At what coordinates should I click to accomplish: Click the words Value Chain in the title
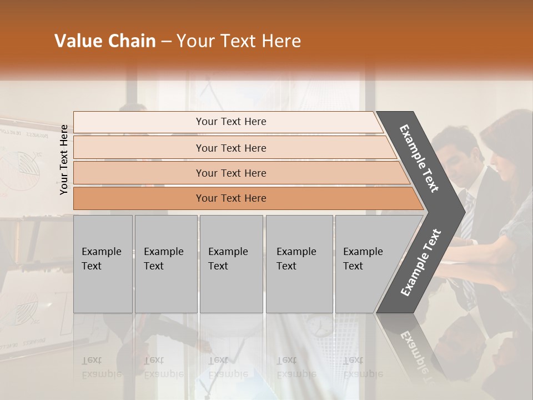click(x=105, y=41)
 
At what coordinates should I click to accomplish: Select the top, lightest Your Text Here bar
click(x=230, y=122)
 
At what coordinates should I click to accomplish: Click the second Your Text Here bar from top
click(x=230, y=148)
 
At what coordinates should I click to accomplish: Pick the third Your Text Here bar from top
click(x=230, y=173)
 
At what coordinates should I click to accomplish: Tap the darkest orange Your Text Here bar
click(x=230, y=198)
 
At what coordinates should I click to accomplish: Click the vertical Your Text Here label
click(x=64, y=159)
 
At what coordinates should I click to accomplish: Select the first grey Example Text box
click(x=103, y=263)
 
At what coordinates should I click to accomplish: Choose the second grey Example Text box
click(x=165, y=263)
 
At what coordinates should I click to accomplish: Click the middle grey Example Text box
click(x=231, y=263)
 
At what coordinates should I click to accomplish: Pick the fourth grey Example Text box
click(x=299, y=263)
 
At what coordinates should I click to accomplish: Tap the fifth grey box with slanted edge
click(x=366, y=263)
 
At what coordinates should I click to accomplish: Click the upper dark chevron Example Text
click(x=419, y=158)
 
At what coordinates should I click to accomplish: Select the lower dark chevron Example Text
click(x=421, y=262)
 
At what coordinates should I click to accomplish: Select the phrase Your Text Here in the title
click(x=239, y=41)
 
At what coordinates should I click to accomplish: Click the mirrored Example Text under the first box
click(x=102, y=367)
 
